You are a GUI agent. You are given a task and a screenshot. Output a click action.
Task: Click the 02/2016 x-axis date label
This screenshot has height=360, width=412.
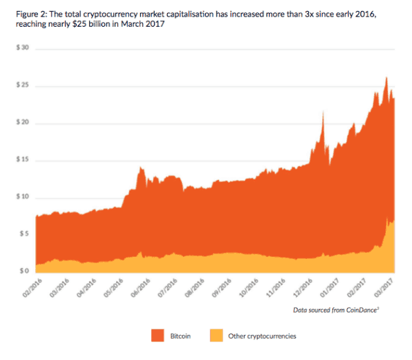32,287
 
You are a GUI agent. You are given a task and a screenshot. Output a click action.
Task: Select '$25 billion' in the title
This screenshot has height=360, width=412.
115,25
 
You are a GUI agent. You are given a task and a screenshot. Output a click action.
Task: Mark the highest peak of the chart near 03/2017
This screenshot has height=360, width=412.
387,77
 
